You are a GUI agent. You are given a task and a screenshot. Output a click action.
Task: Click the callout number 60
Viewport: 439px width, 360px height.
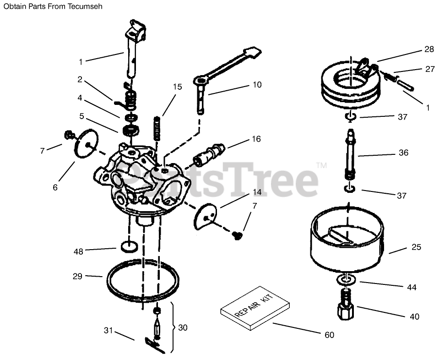329,335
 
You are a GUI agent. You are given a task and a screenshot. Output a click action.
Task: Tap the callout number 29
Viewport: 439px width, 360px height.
77,276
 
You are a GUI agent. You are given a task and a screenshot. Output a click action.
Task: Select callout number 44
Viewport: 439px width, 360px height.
412,288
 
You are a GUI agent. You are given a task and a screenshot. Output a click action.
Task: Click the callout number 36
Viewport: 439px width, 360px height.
403,153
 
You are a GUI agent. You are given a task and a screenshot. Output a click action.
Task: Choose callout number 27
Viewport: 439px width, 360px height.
430,69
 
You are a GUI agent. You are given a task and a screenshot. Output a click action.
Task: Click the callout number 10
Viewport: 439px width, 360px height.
256,85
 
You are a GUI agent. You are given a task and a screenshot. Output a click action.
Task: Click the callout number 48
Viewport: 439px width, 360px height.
79,251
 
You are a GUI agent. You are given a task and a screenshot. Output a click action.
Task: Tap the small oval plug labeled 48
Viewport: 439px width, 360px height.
129,247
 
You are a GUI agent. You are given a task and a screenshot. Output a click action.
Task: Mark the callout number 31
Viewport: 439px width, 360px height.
108,330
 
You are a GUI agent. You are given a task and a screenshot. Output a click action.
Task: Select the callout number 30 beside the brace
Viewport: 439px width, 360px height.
183,327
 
